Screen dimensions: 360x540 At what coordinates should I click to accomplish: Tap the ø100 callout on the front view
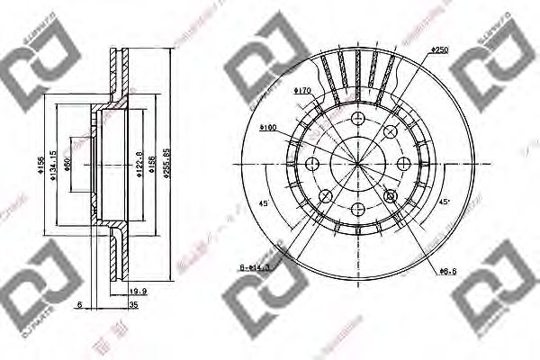click(x=268, y=129)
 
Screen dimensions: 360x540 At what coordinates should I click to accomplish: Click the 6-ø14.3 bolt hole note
click(x=257, y=267)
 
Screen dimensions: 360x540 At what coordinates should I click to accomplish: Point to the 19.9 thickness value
click(x=138, y=291)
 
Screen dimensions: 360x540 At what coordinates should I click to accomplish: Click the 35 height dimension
click(x=133, y=306)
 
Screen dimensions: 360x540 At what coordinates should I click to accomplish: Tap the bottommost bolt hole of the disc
click(x=358, y=209)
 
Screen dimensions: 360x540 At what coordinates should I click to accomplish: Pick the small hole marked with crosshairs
click(x=391, y=196)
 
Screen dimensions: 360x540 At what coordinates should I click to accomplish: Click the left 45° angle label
click(x=263, y=202)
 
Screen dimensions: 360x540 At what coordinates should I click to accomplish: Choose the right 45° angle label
click(x=445, y=202)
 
